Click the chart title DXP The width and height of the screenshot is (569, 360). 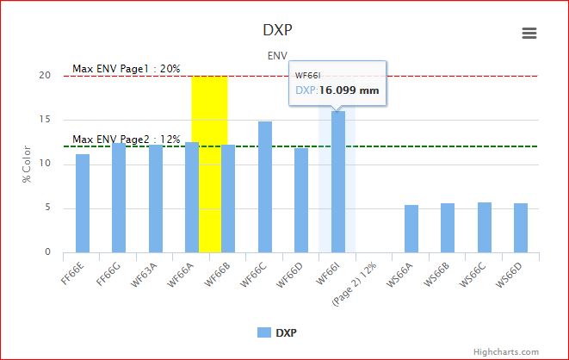(x=277, y=30)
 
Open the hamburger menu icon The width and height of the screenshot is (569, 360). (x=529, y=33)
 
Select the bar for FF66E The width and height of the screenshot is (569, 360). (x=83, y=203)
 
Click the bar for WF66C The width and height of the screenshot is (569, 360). (x=265, y=187)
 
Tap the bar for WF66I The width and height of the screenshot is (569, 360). (x=338, y=182)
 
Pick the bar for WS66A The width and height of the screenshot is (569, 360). (x=411, y=228)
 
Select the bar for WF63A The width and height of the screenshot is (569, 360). (x=156, y=198)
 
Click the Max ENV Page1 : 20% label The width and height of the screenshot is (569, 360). (x=126, y=68)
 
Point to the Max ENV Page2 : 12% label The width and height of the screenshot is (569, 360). (x=126, y=139)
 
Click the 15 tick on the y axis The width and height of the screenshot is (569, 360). (x=45, y=120)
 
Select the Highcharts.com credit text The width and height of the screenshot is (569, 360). (x=511, y=351)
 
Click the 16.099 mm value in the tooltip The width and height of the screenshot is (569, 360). (x=349, y=90)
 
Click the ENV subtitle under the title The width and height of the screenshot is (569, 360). (x=277, y=55)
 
